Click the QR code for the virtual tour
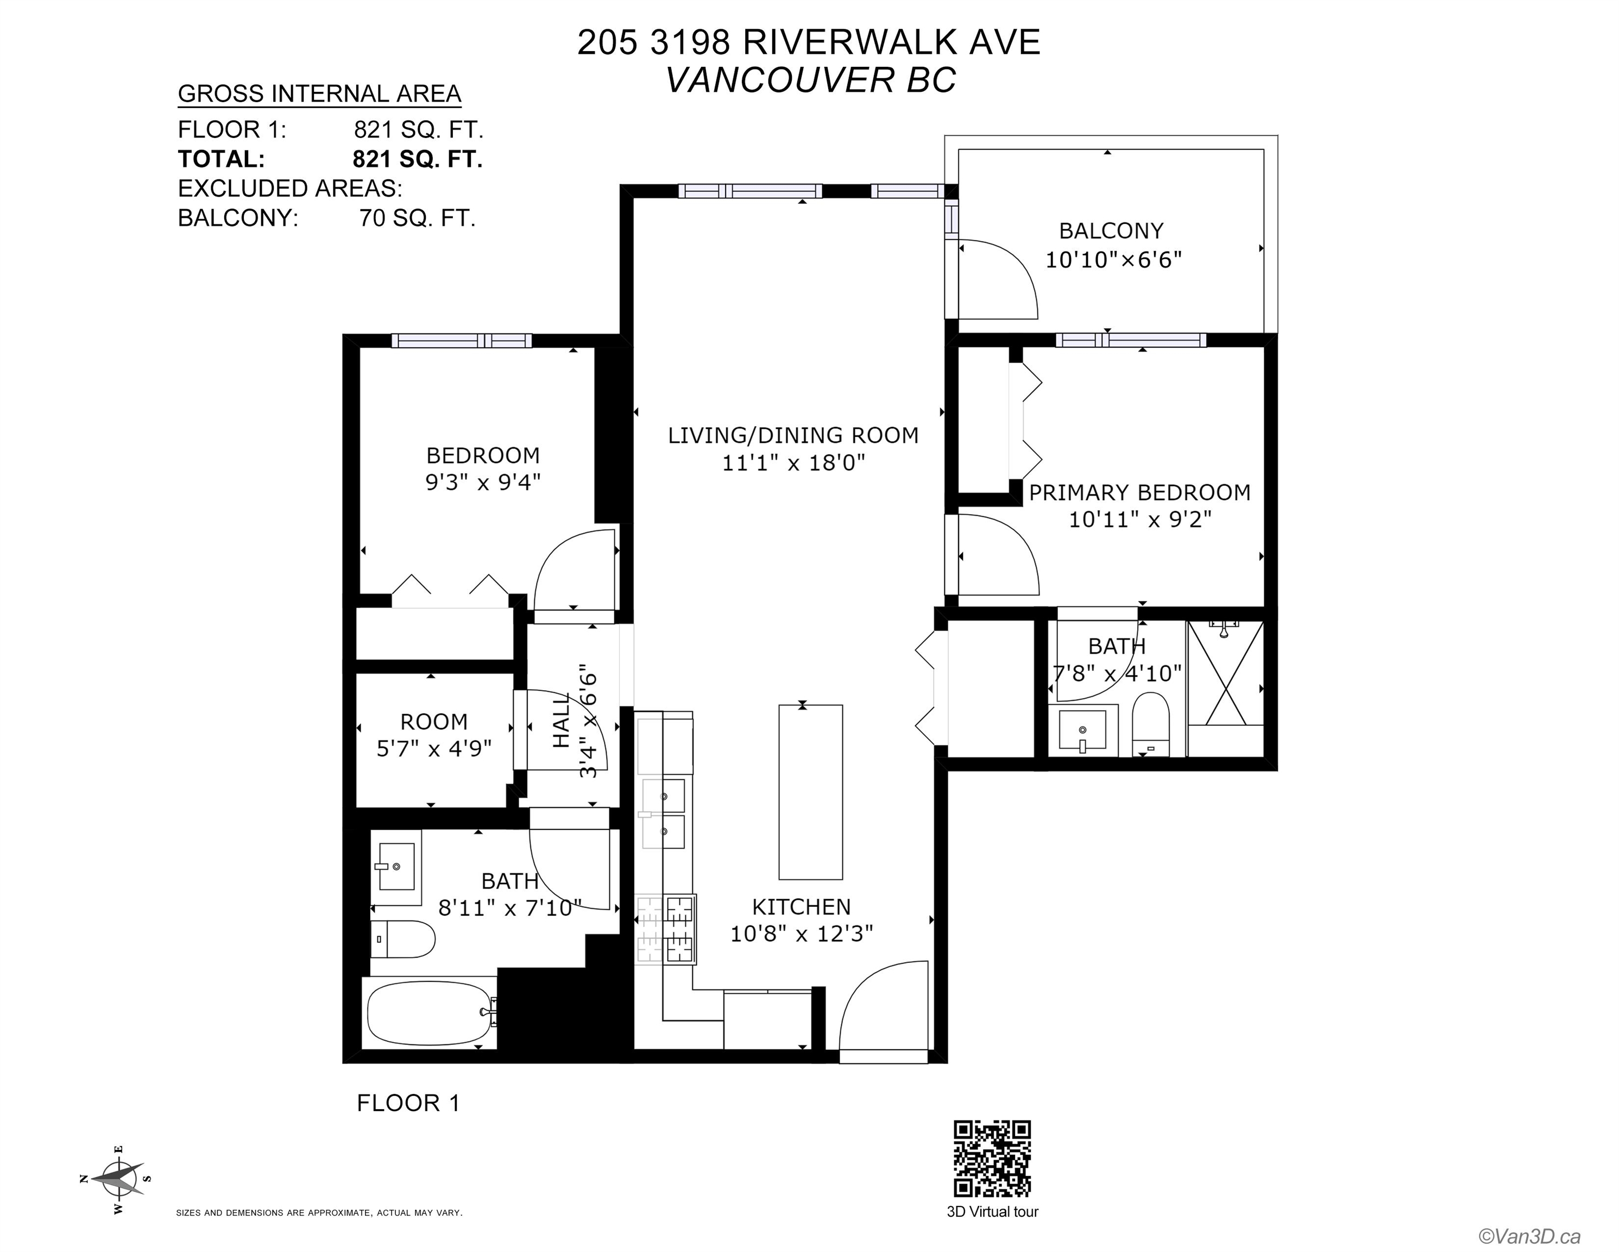(x=992, y=1158)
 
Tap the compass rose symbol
(x=118, y=1179)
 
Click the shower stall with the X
(x=1225, y=673)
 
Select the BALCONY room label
(x=1111, y=230)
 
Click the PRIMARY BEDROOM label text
(x=1139, y=492)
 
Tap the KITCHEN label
(x=801, y=906)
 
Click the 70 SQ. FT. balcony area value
(x=417, y=218)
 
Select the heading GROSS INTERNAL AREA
(x=319, y=94)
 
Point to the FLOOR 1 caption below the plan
(x=408, y=1103)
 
